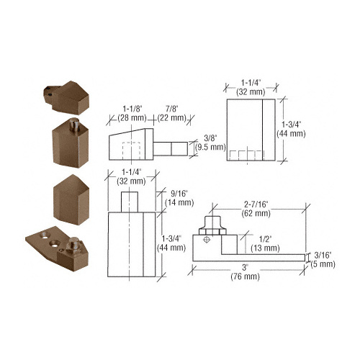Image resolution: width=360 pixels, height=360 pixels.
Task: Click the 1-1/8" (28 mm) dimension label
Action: [132, 113]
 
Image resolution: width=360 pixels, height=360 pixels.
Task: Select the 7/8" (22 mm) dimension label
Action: [172, 113]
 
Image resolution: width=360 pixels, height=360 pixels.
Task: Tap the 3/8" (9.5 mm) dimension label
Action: [210, 143]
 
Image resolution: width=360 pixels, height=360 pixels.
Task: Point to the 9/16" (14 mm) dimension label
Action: [179, 198]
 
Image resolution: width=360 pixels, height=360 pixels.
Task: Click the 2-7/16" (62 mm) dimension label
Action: [256, 209]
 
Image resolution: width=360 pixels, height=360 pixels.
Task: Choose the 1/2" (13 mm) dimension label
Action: [265, 243]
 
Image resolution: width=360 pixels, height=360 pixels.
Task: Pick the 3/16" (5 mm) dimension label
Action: [323, 260]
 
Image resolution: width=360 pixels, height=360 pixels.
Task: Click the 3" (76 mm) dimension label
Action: [245, 272]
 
